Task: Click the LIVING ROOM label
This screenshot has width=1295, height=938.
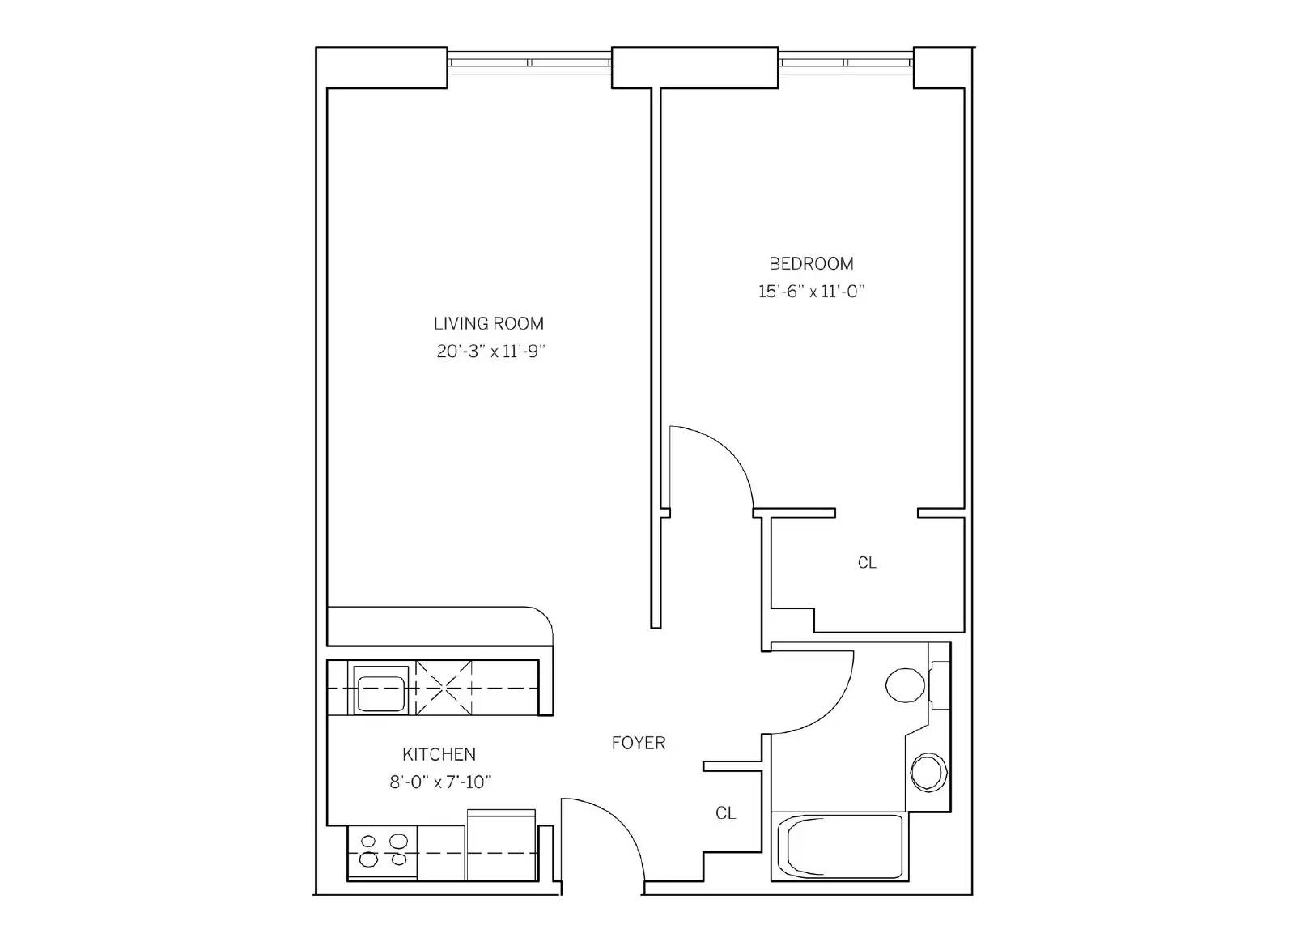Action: pos(489,323)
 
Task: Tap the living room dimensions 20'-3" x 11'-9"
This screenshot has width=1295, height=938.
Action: pos(490,352)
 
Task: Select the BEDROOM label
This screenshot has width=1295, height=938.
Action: pos(811,264)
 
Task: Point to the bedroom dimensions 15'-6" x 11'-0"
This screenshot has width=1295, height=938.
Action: pos(811,291)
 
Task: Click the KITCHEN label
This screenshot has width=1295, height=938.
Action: pos(439,755)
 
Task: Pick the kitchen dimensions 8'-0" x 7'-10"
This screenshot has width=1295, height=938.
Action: pos(440,782)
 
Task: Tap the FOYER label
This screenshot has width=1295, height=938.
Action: pos(639,743)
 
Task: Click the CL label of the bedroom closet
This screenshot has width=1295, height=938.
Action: pos(867,562)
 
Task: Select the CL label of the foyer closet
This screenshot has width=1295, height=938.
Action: pos(725,813)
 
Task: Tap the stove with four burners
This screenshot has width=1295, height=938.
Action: pos(382,853)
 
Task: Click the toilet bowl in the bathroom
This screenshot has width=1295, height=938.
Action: pos(906,685)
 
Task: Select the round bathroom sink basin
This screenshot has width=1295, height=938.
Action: pos(929,773)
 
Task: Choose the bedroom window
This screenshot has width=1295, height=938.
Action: pos(845,62)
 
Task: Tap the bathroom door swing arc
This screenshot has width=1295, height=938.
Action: pos(834,708)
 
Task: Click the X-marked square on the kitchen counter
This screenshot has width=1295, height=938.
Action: pos(444,688)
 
